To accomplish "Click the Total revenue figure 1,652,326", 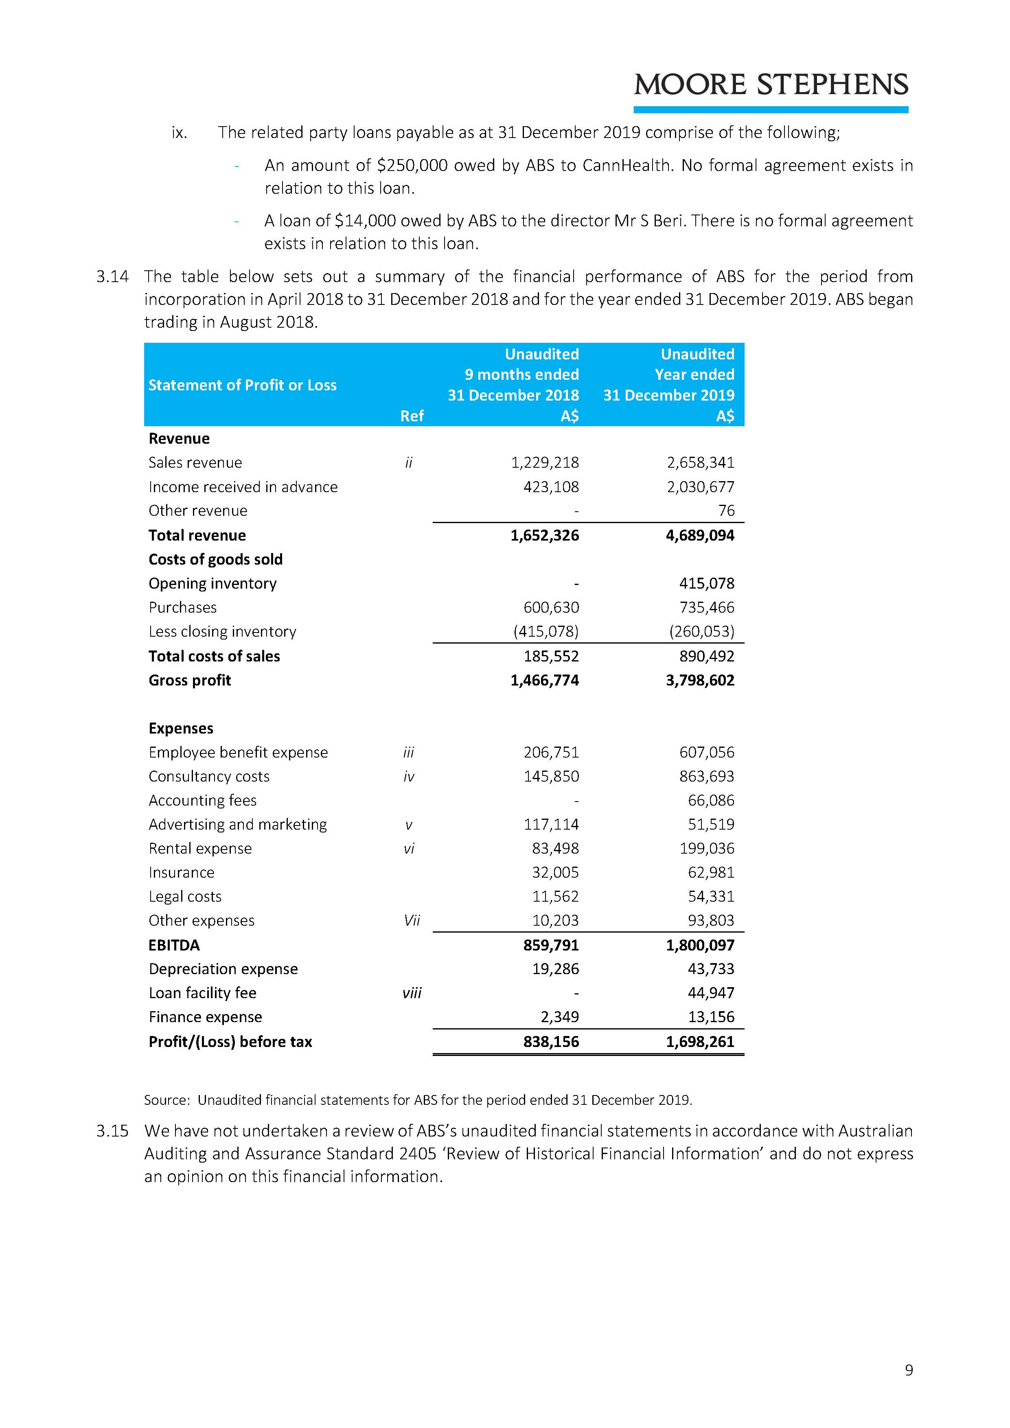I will coord(545,536).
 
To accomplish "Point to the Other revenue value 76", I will coord(726,510).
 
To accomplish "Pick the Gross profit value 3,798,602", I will coord(700,680).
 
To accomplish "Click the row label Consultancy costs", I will coord(209,777).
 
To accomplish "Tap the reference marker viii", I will coord(412,993).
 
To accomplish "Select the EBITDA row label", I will coord(174,945).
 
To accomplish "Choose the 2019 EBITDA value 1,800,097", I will coord(700,945).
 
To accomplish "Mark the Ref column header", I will coord(412,416).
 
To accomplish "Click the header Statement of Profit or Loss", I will coord(243,385).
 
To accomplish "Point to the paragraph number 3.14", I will coord(113,277).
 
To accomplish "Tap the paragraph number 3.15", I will coord(113,1131).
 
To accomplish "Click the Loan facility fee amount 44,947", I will coord(711,993).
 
